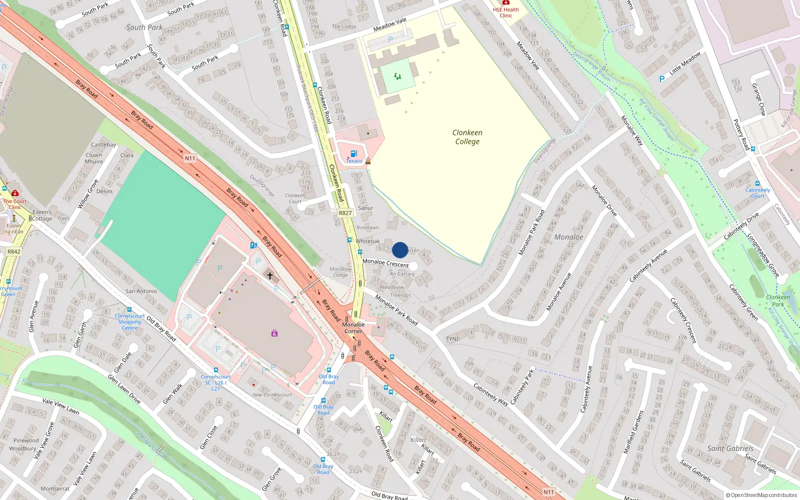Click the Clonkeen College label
tap(467, 137)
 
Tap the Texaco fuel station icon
tap(354, 153)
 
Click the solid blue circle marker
tap(400, 250)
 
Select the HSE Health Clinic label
tap(506, 12)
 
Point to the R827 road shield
tap(345, 213)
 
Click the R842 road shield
tap(14, 251)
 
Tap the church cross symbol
tap(270, 275)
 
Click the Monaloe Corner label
tap(353, 328)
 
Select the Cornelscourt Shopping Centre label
tap(129, 322)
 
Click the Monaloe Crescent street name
tap(385, 262)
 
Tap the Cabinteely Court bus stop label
tap(757, 192)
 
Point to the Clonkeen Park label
tap(778, 300)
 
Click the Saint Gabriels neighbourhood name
tap(730, 448)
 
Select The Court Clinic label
tap(15, 204)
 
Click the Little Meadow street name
tap(685, 63)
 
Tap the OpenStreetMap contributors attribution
tap(761, 495)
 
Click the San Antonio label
tap(141, 291)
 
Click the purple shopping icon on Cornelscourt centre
tap(274, 333)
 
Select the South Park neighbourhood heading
tap(144, 27)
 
